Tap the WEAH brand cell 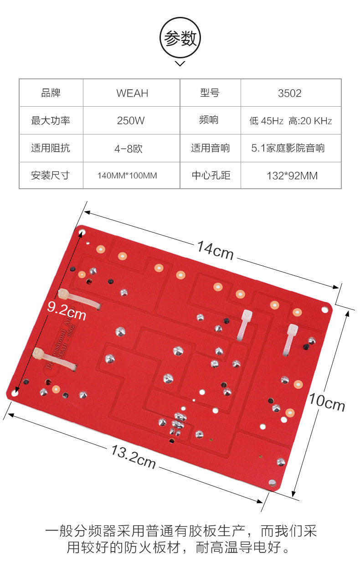click(132, 93)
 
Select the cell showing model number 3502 click(290, 93)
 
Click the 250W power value click(132, 121)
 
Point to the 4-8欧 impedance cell click(132, 148)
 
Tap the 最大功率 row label click(51, 121)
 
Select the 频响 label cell click(209, 120)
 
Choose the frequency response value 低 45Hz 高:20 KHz click(290, 121)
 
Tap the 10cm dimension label click(327, 402)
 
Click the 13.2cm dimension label click(133, 455)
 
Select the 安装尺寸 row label click(51, 176)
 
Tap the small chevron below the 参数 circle click(180, 64)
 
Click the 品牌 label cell click(51, 93)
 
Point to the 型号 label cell click(210, 93)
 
